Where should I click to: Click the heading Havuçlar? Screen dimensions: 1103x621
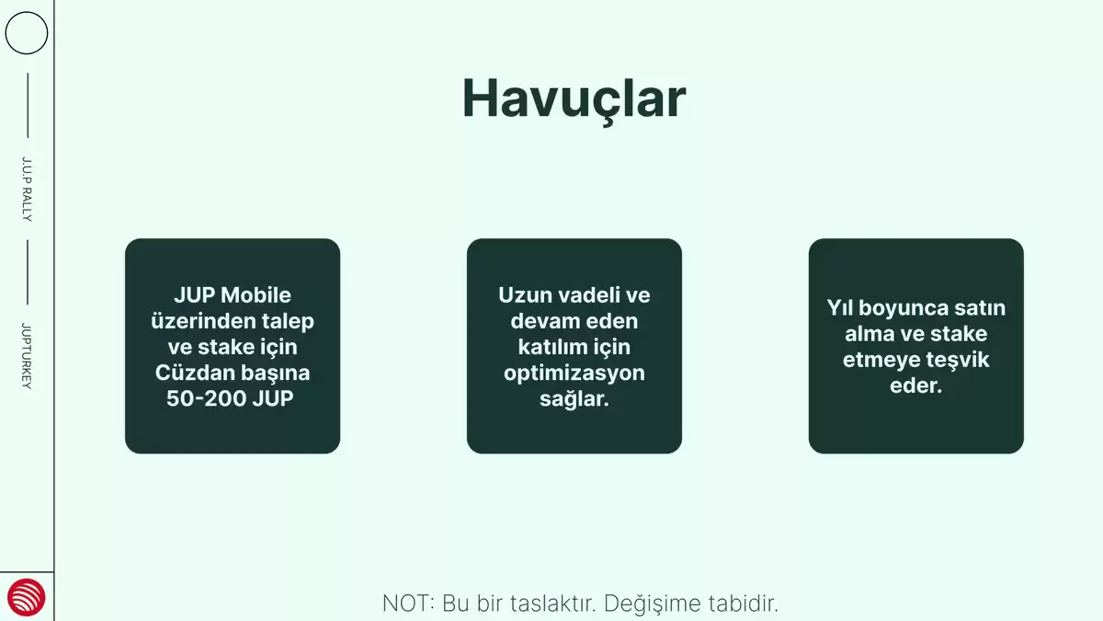pyautogui.click(x=574, y=99)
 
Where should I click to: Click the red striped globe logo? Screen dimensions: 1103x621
pyautogui.click(x=27, y=597)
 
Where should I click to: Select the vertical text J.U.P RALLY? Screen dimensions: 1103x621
pyautogui.click(x=27, y=190)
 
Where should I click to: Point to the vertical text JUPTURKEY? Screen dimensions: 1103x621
pyautogui.click(x=27, y=356)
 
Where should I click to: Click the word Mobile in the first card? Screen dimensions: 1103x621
pyautogui.click(x=256, y=295)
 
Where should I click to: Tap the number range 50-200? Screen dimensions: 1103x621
pyautogui.click(x=206, y=398)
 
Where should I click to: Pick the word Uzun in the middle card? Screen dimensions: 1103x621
pyautogui.click(x=523, y=295)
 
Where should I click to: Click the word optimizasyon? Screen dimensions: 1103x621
pyautogui.click(x=574, y=374)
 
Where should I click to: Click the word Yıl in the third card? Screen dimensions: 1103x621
pyautogui.click(x=840, y=308)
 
